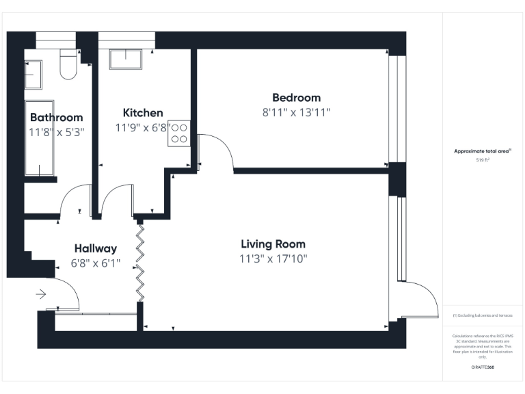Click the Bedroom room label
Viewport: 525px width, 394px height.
point(296,98)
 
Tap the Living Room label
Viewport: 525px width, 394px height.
point(273,244)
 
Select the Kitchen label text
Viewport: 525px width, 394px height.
point(143,113)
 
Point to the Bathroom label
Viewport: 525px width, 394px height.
point(56,118)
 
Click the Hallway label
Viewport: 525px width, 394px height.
point(96,248)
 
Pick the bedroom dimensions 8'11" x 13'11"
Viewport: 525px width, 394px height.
point(296,112)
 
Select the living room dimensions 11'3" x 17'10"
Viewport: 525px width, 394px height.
point(273,259)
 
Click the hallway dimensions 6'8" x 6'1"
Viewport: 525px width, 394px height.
point(96,263)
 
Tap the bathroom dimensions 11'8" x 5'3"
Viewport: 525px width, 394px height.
point(56,132)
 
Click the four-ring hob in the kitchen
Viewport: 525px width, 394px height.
point(180,133)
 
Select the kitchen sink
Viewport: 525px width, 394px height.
point(125,60)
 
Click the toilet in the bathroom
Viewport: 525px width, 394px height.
point(68,65)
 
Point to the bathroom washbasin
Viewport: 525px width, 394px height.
point(33,74)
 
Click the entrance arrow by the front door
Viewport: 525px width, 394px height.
point(40,295)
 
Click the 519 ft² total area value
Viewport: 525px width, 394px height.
point(483,160)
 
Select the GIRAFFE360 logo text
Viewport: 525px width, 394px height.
point(483,368)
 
